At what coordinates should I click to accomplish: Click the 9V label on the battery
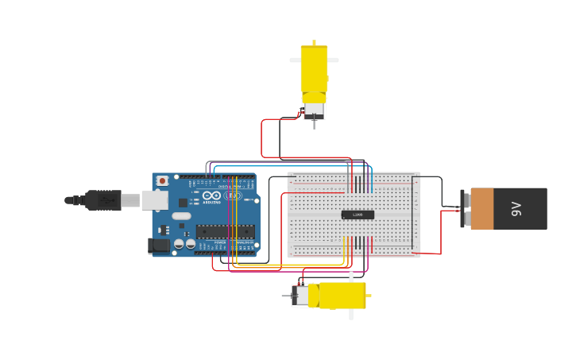tap(516, 209)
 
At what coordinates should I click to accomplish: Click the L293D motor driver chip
tap(358, 215)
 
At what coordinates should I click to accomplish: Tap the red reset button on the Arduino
tap(163, 181)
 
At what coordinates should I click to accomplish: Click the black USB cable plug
tap(103, 200)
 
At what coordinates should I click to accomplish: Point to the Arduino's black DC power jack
tap(158, 246)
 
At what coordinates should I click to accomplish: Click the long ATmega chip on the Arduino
tap(226, 232)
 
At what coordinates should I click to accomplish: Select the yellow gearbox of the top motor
tap(314, 70)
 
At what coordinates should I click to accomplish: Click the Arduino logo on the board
tap(211, 195)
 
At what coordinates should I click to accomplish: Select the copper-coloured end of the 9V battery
tap(482, 209)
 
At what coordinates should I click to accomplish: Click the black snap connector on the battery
tap(464, 209)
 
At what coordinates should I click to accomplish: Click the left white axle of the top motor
tap(295, 60)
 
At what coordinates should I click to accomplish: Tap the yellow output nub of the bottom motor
tap(369, 296)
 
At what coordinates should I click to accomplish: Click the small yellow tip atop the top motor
tap(314, 42)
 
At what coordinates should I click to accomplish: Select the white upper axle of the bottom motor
tap(351, 277)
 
